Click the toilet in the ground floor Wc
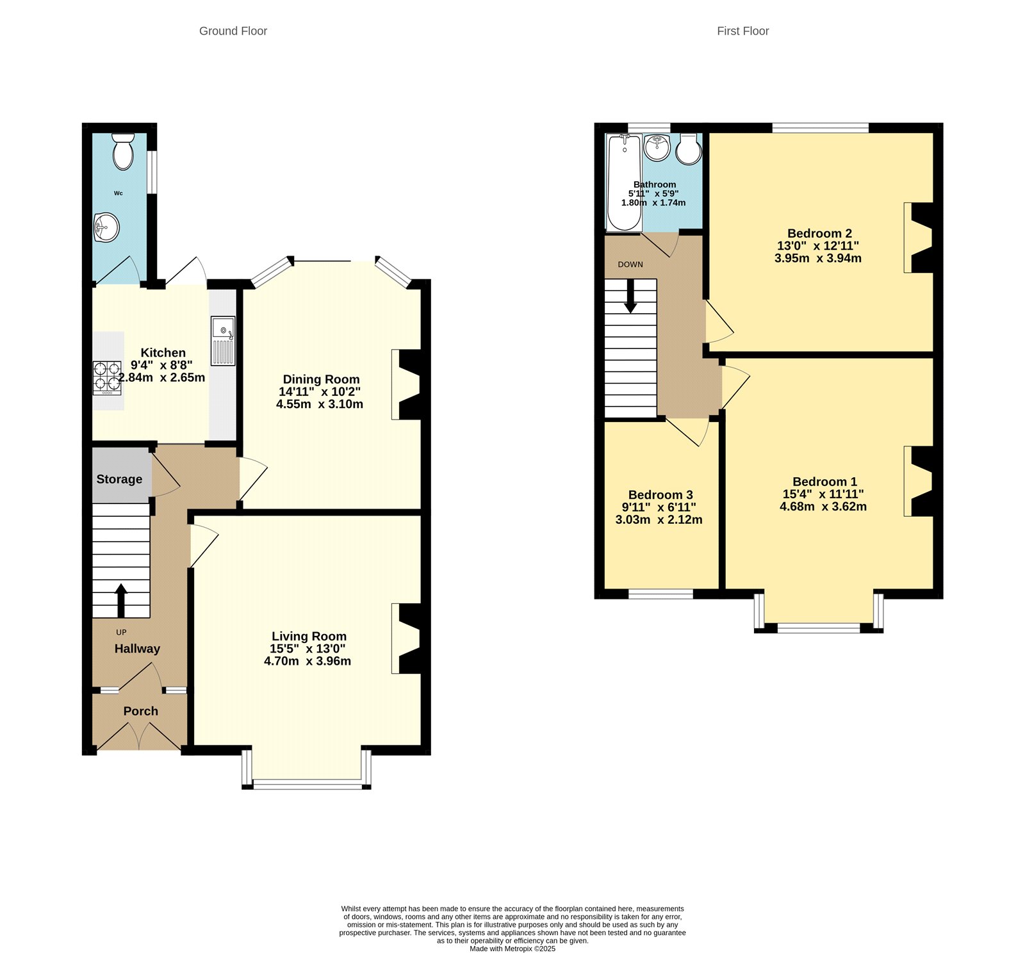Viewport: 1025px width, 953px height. tap(122, 152)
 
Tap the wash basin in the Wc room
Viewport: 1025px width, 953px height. tap(106, 227)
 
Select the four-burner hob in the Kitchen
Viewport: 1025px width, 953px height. tap(107, 377)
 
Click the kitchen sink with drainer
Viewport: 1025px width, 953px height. tap(223, 341)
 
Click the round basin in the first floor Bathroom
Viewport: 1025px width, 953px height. tap(657, 148)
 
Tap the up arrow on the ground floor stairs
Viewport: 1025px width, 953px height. tap(120, 598)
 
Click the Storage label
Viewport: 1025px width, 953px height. tap(119, 479)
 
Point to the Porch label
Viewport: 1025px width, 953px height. tap(140, 711)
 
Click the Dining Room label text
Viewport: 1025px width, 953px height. tap(321, 379)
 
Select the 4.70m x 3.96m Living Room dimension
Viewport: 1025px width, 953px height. tap(307, 661)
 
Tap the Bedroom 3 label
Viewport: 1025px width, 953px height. tap(660, 494)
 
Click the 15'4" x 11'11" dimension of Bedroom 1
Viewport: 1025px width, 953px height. tap(823, 494)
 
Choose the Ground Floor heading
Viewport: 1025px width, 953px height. tap(233, 31)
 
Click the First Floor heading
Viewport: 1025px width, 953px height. tap(742, 31)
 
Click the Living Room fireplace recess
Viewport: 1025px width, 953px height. tap(407, 639)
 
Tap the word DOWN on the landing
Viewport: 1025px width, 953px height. tap(630, 265)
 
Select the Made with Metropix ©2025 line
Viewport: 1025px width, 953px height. tap(512, 949)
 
